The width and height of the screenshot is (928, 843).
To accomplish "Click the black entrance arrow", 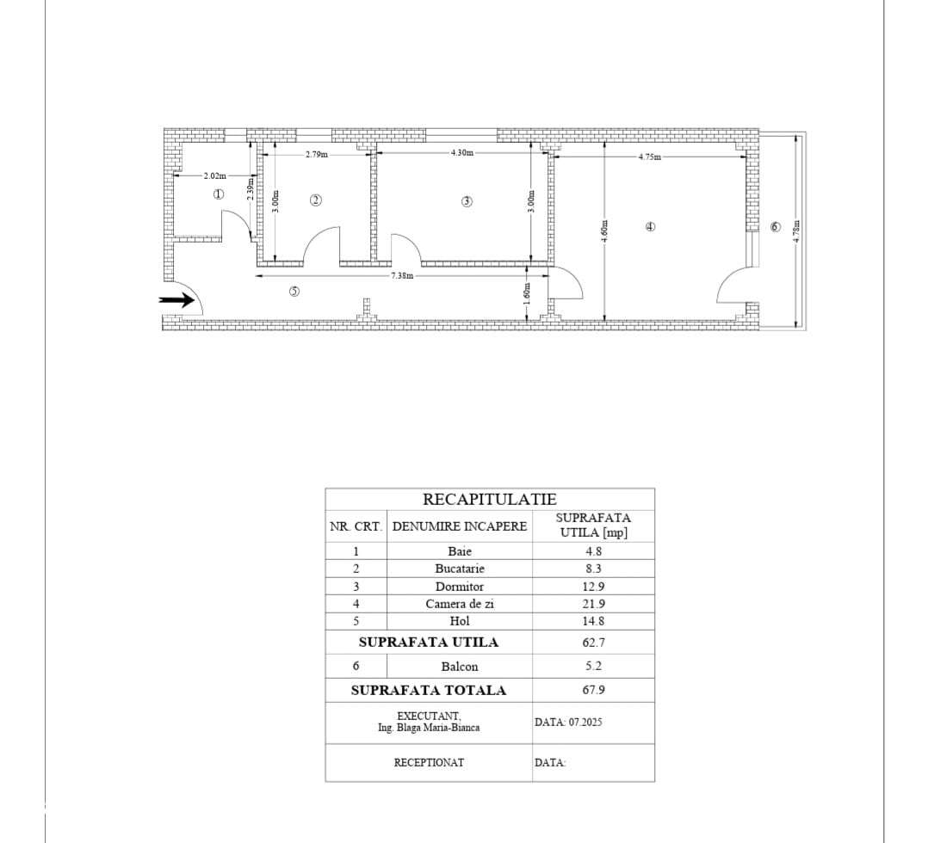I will (x=177, y=300).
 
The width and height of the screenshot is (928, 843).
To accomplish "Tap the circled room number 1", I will (x=219, y=194).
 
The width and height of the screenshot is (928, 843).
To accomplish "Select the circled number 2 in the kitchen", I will (x=316, y=200).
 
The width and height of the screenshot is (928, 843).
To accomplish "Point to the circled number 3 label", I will (x=467, y=201).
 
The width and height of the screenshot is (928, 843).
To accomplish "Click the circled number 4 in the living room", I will (x=650, y=227).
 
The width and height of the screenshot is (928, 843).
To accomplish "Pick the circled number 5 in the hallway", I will (x=294, y=292).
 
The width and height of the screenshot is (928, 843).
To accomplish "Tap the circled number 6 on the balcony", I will (x=775, y=226).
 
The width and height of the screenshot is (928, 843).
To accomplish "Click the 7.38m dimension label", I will (x=402, y=276).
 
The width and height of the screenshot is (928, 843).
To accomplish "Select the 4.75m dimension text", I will (x=649, y=157).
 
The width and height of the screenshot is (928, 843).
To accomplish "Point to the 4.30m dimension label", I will (x=461, y=153).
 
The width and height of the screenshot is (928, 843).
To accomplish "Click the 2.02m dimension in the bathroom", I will (x=214, y=175).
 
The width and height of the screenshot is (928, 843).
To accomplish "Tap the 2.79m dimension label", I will (x=316, y=155).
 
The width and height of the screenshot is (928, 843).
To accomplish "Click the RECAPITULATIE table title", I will (x=489, y=499).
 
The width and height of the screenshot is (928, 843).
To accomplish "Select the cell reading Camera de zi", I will (x=460, y=604).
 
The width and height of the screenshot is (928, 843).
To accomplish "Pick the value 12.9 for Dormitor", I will (x=593, y=587).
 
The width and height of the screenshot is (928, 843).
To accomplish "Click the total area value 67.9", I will (x=593, y=690).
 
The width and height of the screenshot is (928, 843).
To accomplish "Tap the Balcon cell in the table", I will (x=460, y=666).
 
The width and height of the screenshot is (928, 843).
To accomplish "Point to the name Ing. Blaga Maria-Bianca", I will (x=429, y=728).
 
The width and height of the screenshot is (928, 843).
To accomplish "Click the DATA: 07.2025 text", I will (x=568, y=722).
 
